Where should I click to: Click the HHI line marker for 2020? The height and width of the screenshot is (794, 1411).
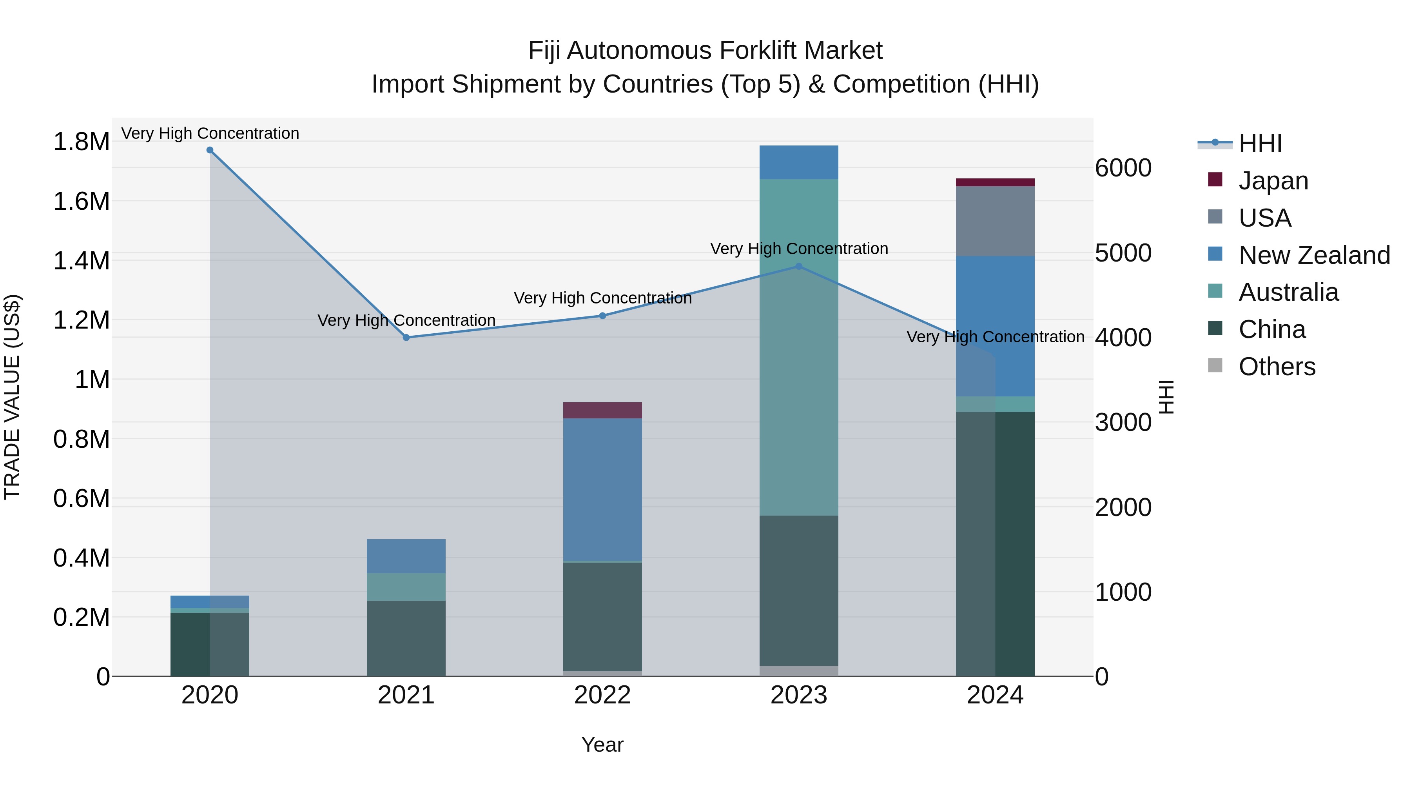coord(210,150)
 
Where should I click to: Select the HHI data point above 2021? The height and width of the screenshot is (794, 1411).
coord(406,338)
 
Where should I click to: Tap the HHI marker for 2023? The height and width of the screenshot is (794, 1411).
coord(799,266)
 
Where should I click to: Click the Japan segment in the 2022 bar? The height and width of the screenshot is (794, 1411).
coord(602,411)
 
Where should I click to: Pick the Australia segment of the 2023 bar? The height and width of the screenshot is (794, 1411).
coord(799,347)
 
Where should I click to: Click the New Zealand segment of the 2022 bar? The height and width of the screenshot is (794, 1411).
coord(602,489)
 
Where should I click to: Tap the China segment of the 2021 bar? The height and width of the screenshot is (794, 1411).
coord(406,638)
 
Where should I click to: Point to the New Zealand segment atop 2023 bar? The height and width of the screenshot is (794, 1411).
coord(799,162)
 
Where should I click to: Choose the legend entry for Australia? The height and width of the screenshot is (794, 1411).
coord(1288,292)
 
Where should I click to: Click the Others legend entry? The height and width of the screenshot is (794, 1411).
coord(1276,367)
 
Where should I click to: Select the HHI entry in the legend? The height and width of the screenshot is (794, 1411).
coord(1259,144)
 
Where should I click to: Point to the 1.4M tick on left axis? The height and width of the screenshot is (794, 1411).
coord(81,261)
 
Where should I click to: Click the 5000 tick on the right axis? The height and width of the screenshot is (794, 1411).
coord(1123,253)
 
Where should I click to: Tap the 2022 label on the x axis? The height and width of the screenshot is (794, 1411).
coord(602,695)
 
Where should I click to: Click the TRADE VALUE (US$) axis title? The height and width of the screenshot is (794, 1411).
coord(12,397)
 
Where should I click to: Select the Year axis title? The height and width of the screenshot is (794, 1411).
coord(602,745)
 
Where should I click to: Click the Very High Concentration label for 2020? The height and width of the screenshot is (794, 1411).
coord(210,133)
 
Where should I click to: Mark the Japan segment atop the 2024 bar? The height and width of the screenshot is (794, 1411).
coord(995,182)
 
